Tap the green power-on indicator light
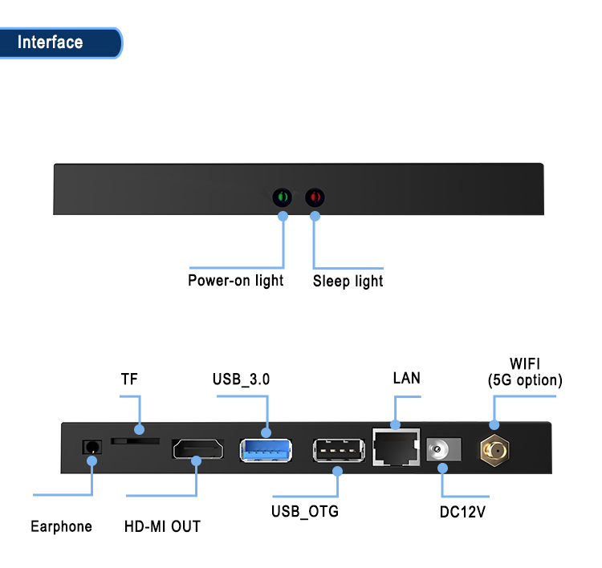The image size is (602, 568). tap(283, 197)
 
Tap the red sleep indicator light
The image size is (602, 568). tap(315, 197)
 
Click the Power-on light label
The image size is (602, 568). tap(235, 281)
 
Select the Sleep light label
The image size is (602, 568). tap(348, 282)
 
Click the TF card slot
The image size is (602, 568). tap(135, 441)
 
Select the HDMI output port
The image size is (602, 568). tap(197, 449)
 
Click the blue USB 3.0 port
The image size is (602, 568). tap(266, 449)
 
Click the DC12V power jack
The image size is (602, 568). tap(441, 450)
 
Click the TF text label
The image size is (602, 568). tap(129, 379)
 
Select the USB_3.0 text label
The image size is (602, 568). tap(241, 379)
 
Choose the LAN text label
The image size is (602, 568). tap(406, 378)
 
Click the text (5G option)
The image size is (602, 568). tap(525, 381)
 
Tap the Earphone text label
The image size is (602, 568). tap(61, 526)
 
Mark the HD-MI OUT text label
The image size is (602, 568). tap(162, 527)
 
